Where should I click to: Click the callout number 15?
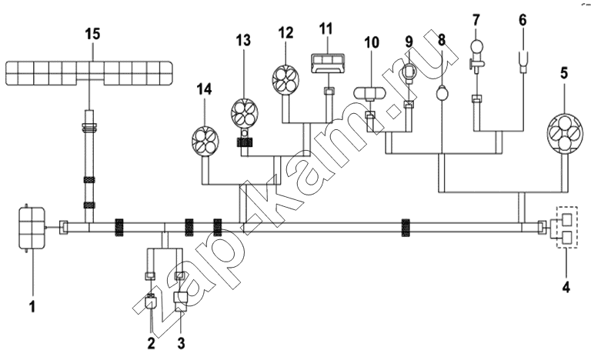92,34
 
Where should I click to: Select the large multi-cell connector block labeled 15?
89,73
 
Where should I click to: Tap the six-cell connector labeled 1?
32,228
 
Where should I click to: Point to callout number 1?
32,305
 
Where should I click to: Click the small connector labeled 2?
152,304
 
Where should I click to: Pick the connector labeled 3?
180,302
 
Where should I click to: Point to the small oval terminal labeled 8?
442,92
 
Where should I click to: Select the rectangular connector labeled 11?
328,62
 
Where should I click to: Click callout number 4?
566,287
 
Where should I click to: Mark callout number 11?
326,28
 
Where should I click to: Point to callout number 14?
205,89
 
